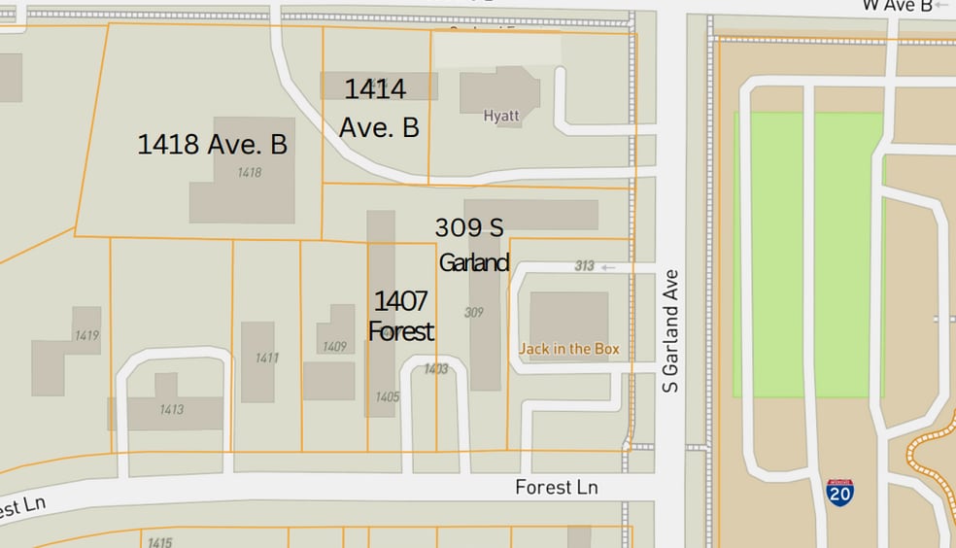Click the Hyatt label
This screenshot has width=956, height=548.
pyautogui.click(x=501, y=116)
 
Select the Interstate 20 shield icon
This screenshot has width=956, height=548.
pyautogui.click(x=840, y=492)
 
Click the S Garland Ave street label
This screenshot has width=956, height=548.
pyautogui.click(x=669, y=331)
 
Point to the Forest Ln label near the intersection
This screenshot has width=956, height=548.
pyautogui.click(x=556, y=487)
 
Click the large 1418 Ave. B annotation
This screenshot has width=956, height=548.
pyautogui.click(x=212, y=145)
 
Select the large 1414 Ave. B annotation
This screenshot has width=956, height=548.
pyautogui.click(x=378, y=108)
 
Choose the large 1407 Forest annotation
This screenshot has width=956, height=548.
pyautogui.click(x=400, y=316)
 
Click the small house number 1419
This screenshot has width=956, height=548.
pyautogui.click(x=86, y=335)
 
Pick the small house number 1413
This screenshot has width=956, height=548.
pyautogui.click(x=171, y=409)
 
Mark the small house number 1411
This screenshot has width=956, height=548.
pyautogui.click(x=267, y=358)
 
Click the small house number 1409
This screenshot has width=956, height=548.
pyautogui.click(x=334, y=346)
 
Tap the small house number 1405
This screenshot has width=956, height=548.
pyautogui.click(x=387, y=396)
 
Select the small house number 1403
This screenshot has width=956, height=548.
pyautogui.click(x=436, y=368)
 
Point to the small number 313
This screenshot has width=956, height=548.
pyautogui.click(x=584, y=266)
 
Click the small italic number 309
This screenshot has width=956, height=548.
pyautogui.click(x=474, y=312)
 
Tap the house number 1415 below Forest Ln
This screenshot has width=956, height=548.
pyautogui.click(x=160, y=542)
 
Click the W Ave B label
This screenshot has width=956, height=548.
pyautogui.click(x=897, y=6)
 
